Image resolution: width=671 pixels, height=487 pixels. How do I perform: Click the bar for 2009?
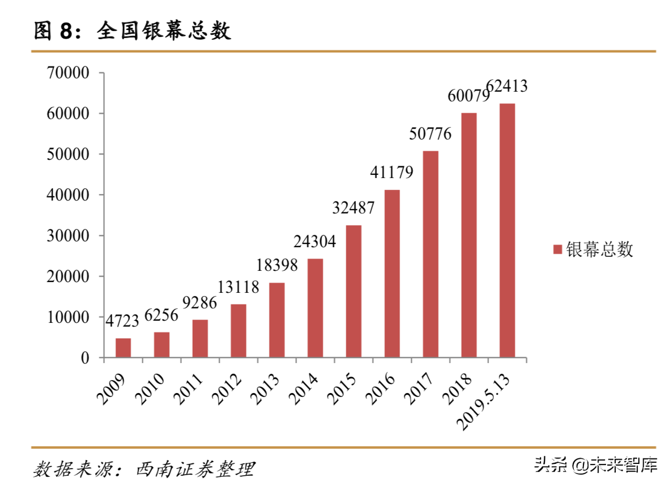(x=123, y=348)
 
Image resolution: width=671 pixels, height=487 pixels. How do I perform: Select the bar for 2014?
(x=315, y=308)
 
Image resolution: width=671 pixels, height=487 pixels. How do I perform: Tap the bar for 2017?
(x=431, y=254)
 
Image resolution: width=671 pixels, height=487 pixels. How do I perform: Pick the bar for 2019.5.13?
(x=507, y=230)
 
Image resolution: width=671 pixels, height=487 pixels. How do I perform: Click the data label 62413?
(x=506, y=86)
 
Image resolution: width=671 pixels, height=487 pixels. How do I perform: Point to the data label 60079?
(x=468, y=96)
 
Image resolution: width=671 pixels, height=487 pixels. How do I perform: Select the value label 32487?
(x=353, y=208)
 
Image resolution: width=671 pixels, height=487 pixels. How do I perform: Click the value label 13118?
(x=238, y=287)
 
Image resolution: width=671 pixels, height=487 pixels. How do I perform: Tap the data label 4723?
(x=122, y=321)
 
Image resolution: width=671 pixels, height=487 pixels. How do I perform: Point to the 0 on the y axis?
(x=85, y=358)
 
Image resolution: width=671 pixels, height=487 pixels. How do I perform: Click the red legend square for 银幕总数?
(x=557, y=249)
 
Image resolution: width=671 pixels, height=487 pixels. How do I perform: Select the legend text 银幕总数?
(x=600, y=249)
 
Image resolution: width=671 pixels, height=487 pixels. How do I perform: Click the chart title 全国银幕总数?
(x=164, y=32)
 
